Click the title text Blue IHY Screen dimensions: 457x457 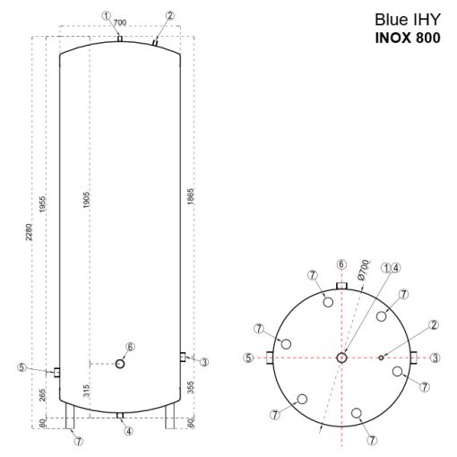pos(407,22)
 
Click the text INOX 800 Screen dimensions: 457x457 pos(407,39)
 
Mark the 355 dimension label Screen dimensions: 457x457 pos(191,388)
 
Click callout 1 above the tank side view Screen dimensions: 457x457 pos(106,16)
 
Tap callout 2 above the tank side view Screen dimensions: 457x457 pos(170,16)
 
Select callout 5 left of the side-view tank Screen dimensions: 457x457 pos(22,366)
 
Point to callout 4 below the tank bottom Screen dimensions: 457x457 pos(129,431)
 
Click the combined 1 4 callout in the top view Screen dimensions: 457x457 pos(391,266)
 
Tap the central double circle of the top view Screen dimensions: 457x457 pos(342,357)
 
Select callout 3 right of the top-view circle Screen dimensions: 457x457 pos(435,358)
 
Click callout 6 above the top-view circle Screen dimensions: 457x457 pos(341,264)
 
